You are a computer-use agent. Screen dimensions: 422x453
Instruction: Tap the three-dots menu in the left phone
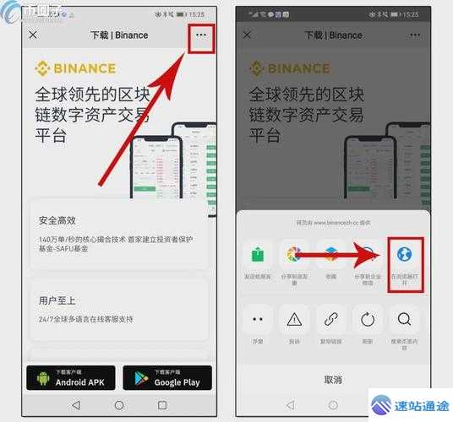pos(200,35)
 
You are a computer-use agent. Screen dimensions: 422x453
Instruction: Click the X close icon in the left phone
pos(33,35)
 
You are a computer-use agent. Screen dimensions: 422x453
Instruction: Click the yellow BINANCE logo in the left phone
pos(75,68)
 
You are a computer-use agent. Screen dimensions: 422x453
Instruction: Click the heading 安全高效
pos(57,221)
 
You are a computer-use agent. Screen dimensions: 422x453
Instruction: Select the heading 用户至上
pos(57,300)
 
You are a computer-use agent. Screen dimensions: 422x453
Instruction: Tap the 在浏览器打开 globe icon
pos(404,254)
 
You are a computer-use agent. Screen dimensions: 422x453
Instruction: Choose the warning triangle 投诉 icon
pos(294,319)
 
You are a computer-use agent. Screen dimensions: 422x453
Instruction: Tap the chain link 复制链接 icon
pos(331,319)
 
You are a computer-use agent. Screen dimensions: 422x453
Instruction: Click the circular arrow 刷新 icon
pos(368,319)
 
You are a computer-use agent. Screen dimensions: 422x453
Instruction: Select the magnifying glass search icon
pos(404,319)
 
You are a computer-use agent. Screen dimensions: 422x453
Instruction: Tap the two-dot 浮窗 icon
pos(258,319)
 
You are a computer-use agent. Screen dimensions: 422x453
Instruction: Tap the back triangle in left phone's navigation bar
pos(76,405)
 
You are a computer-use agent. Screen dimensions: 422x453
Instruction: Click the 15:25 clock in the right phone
pos(410,14)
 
